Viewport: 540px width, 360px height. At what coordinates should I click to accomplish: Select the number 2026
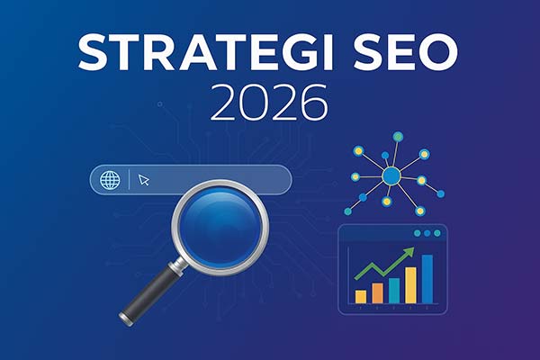click(x=269, y=105)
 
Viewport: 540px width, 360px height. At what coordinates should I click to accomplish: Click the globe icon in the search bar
click(x=110, y=179)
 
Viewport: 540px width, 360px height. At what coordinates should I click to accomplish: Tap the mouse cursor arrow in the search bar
click(x=144, y=180)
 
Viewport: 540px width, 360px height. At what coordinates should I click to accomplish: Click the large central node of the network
click(x=391, y=176)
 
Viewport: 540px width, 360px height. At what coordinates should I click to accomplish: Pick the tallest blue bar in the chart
click(x=427, y=278)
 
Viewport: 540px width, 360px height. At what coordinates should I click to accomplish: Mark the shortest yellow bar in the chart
click(x=361, y=295)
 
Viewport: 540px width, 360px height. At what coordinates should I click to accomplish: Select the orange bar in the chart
click(x=377, y=292)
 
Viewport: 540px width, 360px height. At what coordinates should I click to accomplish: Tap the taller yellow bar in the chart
click(x=410, y=285)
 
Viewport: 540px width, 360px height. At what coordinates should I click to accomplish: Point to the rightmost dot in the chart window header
click(x=437, y=233)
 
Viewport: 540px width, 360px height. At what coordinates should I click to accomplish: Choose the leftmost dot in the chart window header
click(x=417, y=233)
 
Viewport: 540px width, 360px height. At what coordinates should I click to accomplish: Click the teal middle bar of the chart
click(x=394, y=289)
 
